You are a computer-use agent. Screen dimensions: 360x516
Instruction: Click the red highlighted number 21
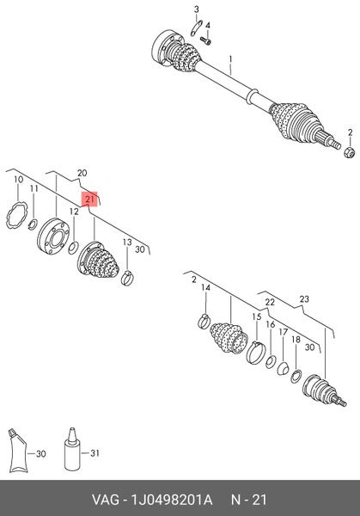89,200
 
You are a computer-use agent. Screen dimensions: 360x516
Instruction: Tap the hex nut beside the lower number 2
349,152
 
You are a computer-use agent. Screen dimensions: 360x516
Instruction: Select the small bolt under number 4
205,40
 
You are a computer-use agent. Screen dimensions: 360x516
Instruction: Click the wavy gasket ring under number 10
15,216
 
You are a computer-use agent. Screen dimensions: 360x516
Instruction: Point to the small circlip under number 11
33,224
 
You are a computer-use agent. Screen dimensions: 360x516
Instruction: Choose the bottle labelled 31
72,449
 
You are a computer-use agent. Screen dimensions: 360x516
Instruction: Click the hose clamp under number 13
127,278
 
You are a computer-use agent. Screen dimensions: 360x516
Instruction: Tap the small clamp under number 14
204,321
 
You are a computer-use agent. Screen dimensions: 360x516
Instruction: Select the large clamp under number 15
255,353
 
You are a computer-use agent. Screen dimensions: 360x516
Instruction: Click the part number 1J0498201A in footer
172,500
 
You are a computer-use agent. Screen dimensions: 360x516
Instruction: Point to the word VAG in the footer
105,500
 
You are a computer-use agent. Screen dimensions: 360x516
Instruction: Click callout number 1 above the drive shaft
231,59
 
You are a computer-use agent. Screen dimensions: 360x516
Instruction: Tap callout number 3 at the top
196,9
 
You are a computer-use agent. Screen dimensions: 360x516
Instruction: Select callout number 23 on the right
304,299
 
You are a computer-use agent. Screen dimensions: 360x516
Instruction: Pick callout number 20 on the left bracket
82,173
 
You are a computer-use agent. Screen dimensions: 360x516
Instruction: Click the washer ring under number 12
73,248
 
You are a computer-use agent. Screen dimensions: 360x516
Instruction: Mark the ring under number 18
296,377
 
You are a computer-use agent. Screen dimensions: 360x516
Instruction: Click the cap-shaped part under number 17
283,368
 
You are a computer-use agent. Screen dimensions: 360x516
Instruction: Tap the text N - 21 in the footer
249,500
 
